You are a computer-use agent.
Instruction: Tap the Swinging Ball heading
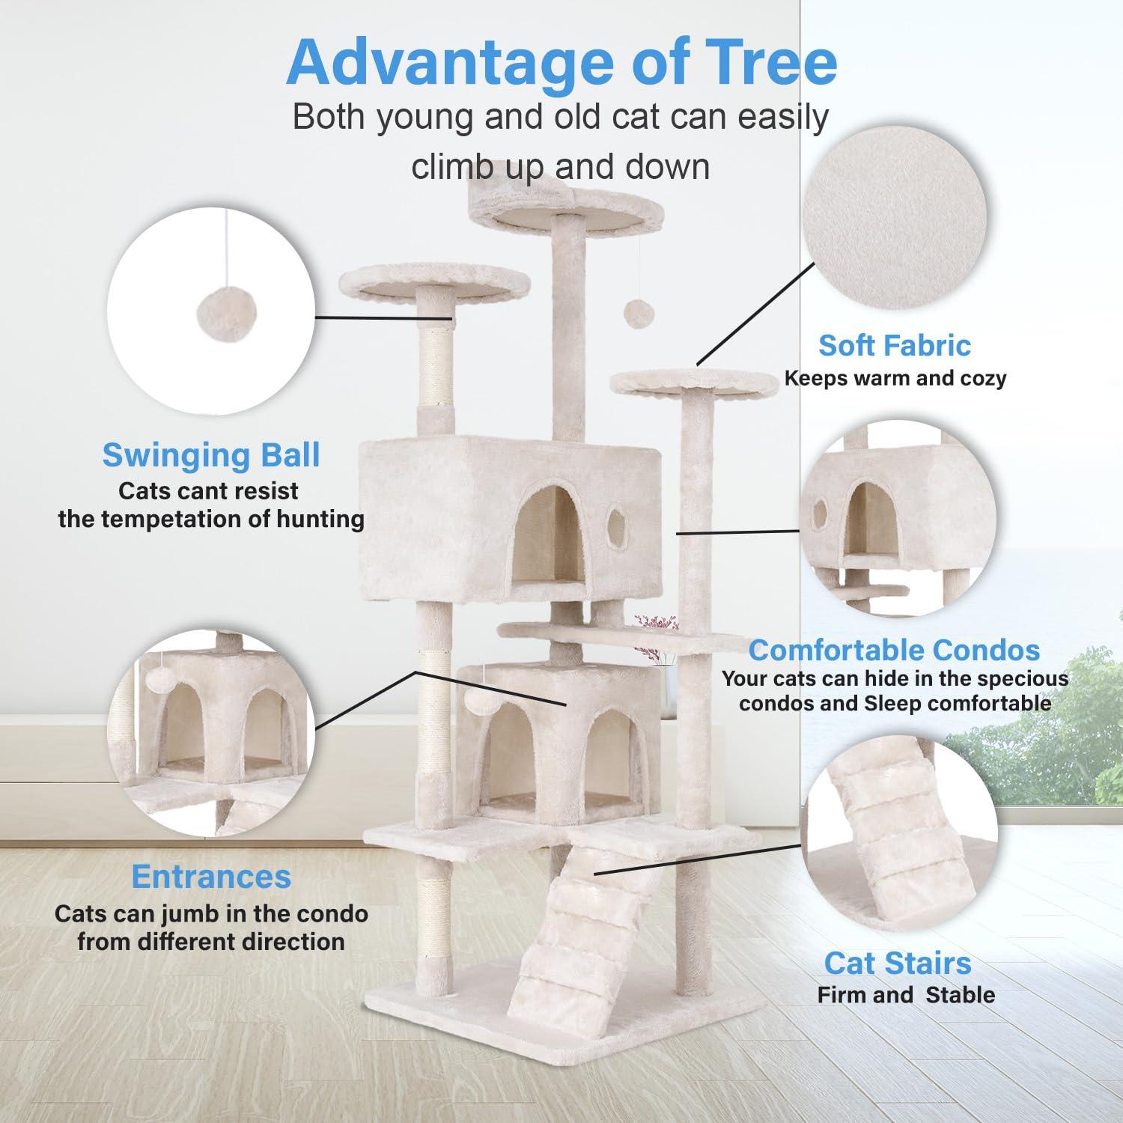(211, 455)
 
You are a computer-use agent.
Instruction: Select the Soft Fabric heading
(894, 345)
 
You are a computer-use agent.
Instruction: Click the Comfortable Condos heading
(894, 650)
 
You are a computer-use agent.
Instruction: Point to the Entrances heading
(211, 876)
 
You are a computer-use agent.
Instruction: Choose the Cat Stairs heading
(898, 963)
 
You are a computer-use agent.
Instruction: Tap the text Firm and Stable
(906, 995)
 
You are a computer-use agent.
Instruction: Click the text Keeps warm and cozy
(895, 378)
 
